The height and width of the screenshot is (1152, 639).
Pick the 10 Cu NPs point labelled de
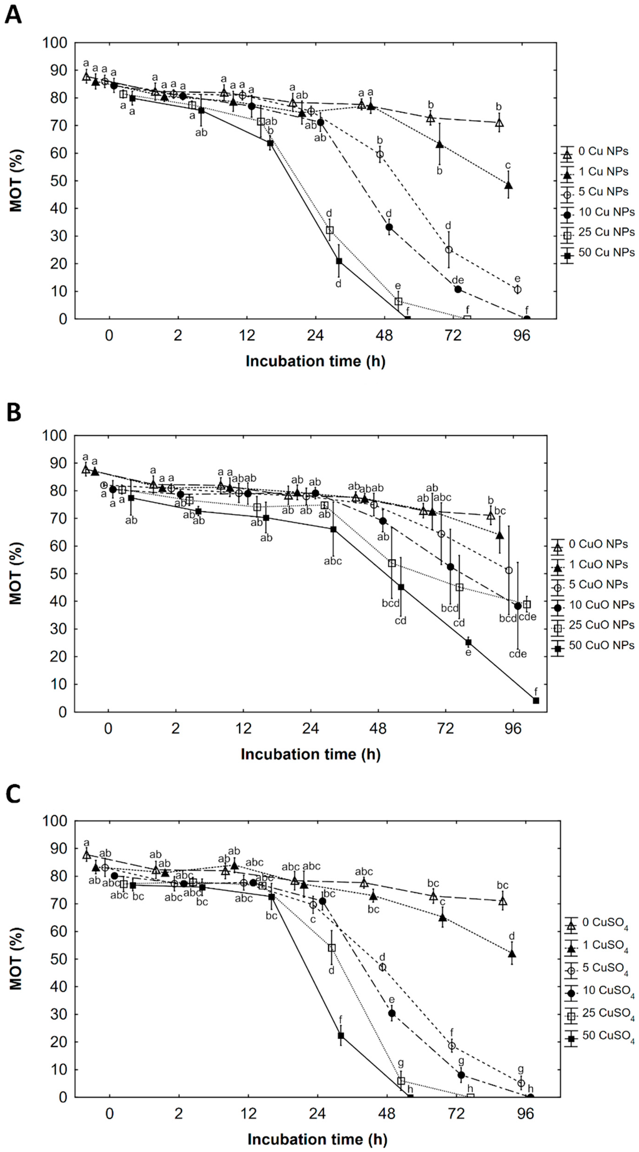[458, 289]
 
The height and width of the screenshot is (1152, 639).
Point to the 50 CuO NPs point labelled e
[468, 642]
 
